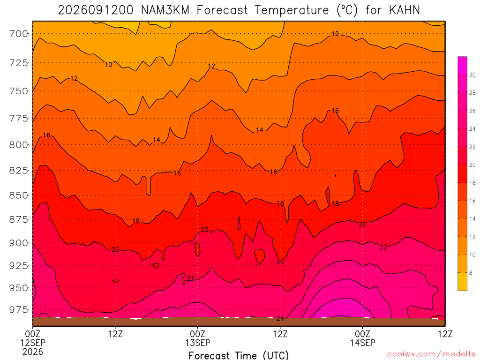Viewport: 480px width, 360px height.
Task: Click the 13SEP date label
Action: (198, 343)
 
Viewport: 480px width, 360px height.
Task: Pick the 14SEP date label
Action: (363, 343)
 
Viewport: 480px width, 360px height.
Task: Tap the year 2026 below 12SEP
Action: (33, 352)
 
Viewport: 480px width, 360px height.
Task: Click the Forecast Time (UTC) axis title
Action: (239, 355)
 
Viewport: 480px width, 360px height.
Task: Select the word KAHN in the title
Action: (405, 10)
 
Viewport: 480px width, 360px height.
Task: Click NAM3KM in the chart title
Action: (165, 10)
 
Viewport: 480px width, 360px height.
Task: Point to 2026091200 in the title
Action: (96, 10)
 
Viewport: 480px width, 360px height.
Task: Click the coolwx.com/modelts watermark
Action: (431, 354)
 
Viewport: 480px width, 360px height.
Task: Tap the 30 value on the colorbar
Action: (472, 75)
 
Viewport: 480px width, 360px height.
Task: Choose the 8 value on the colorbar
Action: (471, 273)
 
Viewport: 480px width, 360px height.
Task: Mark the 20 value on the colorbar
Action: (472, 165)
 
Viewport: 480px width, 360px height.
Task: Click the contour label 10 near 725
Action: (108, 65)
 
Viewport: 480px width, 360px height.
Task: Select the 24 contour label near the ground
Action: (280, 318)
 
